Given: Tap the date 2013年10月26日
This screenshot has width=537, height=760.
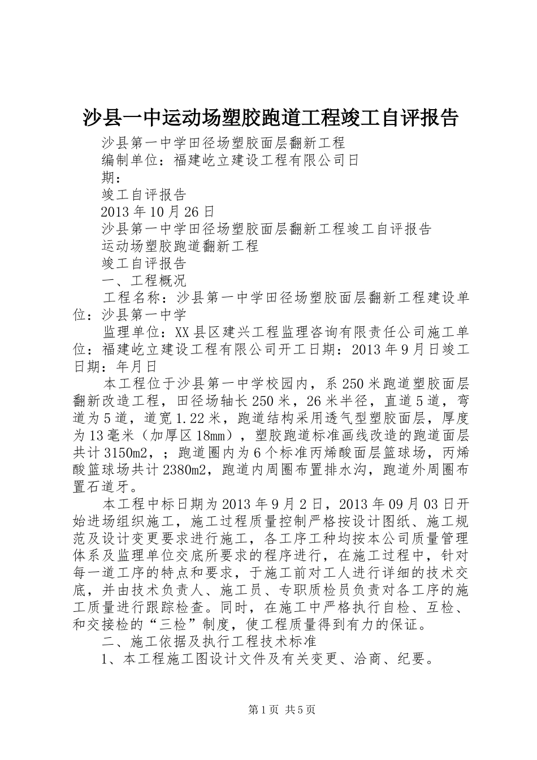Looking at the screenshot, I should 158,212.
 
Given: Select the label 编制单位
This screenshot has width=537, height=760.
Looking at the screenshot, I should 129,161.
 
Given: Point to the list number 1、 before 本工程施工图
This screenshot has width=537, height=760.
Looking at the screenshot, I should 110,659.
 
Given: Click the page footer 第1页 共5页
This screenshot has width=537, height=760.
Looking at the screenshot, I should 282,710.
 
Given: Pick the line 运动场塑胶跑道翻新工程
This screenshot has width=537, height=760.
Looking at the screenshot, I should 180,247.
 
